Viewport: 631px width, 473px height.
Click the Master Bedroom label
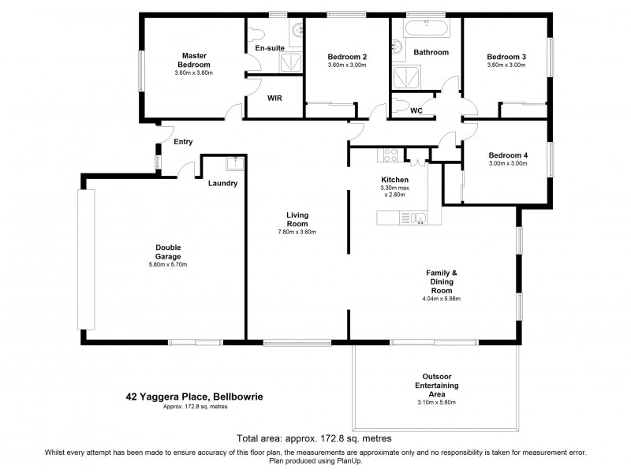coord(194,60)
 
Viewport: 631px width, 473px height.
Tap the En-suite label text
coord(270,49)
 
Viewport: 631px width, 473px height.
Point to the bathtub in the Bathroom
coord(427,28)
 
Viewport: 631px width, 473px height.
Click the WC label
coord(416,110)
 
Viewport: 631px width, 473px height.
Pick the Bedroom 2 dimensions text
coord(348,66)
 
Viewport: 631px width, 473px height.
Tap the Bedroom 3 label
coord(506,57)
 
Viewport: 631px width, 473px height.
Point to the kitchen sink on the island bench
coord(417,217)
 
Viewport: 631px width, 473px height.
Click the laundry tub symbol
coord(235,164)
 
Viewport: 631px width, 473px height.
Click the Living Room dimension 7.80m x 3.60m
coord(297,232)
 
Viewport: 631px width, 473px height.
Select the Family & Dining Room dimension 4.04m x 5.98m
coord(442,299)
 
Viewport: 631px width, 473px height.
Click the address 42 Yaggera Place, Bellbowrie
coord(195,397)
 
